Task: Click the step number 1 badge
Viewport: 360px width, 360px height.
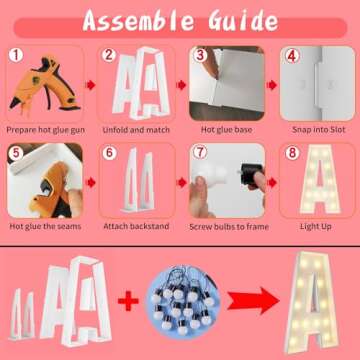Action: pyautogui.click(x=16, y=55)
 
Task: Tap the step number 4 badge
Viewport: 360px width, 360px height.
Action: pyautogui.click(x=291, y=56)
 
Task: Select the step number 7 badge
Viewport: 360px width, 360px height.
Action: pyautogui.click(x=200, y=153)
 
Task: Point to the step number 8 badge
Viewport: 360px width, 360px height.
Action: pyautogui.click(x=292, y=153)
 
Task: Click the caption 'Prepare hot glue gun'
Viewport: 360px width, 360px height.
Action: pyautogui.click(x=46, y=130)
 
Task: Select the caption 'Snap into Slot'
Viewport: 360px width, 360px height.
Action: pyautogui.click(x=319, y=130)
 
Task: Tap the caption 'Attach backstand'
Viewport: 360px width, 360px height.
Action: pyautogui.click(x=136, y=226)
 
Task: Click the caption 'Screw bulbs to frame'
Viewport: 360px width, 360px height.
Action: pyautogui.click(x=229, y=227)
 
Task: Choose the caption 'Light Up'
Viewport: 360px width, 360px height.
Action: pyautogui.click(x=315, y=227)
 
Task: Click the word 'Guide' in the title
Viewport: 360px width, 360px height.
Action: pyautogui.click(x=243, y=21)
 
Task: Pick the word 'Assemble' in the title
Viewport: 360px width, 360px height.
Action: pyautogui.click(x=138, y=21)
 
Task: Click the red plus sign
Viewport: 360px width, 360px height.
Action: pyautogui.click(x=128, y=301)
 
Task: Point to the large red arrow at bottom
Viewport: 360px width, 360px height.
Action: pyautogui.click(x=253, y=300)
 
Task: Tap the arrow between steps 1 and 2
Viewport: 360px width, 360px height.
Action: pyautogui.click(x=90, y=85)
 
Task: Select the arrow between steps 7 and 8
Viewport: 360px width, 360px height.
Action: pyautogui.click(x=272, y=183)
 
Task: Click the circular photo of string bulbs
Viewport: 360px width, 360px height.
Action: pyautogui.click(x=183, y=301)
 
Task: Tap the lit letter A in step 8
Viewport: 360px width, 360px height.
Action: pyautogui.click(x=319, y=179)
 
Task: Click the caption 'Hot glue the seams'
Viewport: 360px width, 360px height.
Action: pyautogui.click(x=45, y=227)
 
